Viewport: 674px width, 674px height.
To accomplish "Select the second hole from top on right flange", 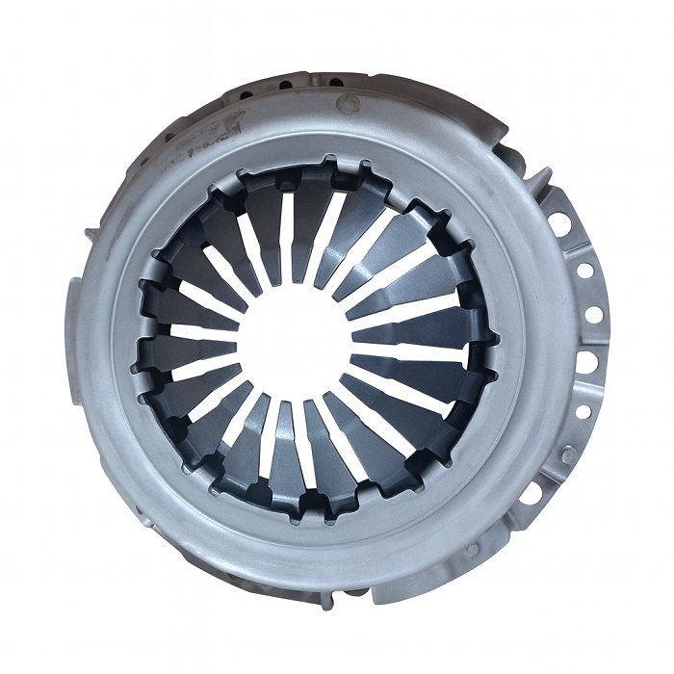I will pos(583,271).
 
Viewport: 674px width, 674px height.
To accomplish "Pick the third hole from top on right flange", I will pos(594,314).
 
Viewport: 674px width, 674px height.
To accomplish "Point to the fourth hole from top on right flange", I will pos(587,362).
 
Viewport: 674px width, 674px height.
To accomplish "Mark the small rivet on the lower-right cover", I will pos(471,549).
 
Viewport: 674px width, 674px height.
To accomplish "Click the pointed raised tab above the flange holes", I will pos(542,179).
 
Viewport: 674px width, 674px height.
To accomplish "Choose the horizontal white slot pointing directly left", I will pos(197,332).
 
